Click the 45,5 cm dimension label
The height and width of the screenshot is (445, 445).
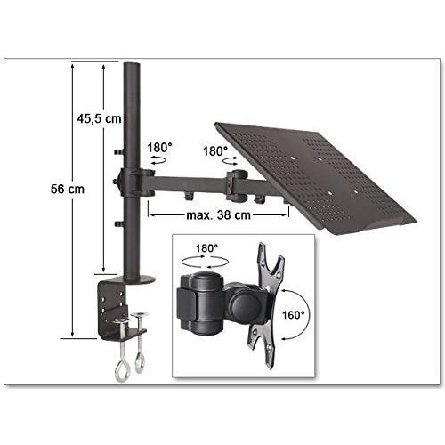[x=99, y=119]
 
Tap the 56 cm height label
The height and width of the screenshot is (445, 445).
[x=68, y=189]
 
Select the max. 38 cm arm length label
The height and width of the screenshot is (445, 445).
[x=218, y=215]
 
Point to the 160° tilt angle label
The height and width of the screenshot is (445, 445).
[x=293, y=315]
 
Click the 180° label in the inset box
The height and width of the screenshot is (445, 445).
[x=206, y=248]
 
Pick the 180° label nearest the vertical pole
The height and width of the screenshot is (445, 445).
[x=159, y=148]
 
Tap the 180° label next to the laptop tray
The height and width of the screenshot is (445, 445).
[x=214, y=151]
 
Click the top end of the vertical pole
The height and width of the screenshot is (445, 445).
[x=132, y=63]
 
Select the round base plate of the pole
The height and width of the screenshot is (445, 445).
[x=140, y=279]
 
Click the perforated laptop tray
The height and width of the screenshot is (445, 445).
[x=315, y=175]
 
